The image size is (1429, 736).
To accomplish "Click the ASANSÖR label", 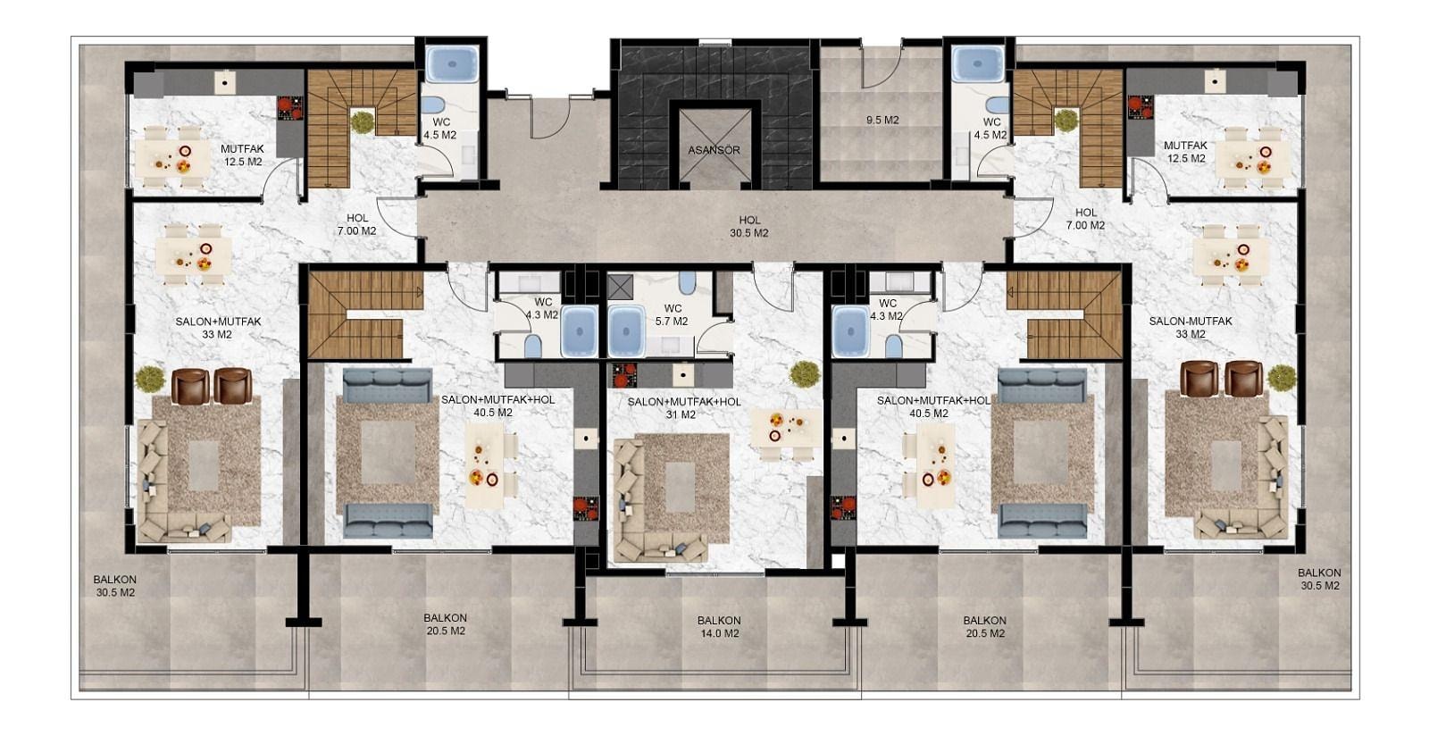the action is pos(714,151).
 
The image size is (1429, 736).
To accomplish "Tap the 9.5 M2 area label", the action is pos(882,120).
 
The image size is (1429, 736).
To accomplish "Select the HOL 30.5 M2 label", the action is pos(749,226).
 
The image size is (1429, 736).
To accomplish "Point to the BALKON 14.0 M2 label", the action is pos(719,627).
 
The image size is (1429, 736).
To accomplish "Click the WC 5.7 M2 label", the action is pos(673,315).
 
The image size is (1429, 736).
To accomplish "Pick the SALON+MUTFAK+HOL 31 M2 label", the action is pos(684,408).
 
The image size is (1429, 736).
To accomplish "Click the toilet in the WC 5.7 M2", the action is pos(688,282).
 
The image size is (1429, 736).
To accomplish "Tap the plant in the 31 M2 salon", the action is pos(805,374).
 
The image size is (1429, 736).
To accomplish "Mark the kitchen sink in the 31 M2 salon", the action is pos(683,375).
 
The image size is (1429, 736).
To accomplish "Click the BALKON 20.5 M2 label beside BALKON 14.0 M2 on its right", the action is pos(985,627).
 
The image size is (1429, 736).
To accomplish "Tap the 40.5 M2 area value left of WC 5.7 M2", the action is pos(493,414).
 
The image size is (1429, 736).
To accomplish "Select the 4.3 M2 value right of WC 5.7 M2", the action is pos(887,315).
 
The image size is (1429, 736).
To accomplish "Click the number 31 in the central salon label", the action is pos(673,414).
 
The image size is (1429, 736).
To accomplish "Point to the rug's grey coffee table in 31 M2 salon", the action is pos(680,487).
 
